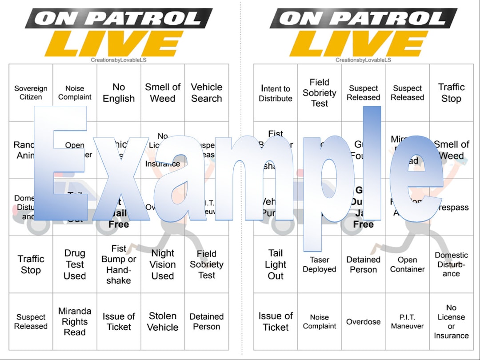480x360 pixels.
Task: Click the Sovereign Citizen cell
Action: point(31,93)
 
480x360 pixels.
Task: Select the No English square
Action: point(119,93)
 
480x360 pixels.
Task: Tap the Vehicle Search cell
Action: point(207,93)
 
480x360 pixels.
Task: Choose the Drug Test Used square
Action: point(75,264)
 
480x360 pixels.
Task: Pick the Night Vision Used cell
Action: point(163,264)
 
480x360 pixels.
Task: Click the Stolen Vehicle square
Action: point(163,321)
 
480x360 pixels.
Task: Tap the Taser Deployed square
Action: point(319,264)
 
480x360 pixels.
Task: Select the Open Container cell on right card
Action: point(407,264)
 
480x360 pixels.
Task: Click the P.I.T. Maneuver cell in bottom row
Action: point(407,321)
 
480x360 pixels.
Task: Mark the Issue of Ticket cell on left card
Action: point(119,321)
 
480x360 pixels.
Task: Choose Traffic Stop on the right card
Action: point(451,93)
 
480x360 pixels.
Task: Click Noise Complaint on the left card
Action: point(75,93)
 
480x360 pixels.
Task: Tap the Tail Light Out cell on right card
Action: point(276,264)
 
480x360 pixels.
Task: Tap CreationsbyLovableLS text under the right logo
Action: point(363,60)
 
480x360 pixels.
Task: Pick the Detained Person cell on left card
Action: point(207,321)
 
